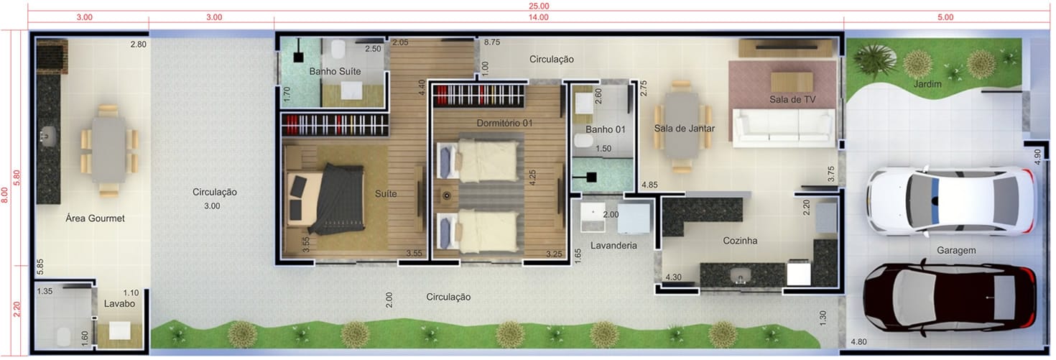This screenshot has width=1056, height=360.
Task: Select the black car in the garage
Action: (x=950, y=297)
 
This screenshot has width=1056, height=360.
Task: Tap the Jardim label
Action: (x=927, y=85)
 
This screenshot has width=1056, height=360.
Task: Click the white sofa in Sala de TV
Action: (x=783, y=126)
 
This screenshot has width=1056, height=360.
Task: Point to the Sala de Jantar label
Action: (x=684, y=129)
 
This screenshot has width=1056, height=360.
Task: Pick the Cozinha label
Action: (x=740, y=241)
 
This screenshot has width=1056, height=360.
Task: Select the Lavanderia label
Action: (x=613, y=245)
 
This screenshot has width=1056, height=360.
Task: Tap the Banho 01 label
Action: (x=606, y=129)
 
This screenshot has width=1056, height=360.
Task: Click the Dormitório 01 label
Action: (x=504, y=123)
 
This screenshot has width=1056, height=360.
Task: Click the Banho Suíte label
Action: (x=335, y=71)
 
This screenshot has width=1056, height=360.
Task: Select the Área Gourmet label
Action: (x=95, y=218)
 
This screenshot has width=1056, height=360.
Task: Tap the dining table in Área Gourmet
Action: (x=108, y=150)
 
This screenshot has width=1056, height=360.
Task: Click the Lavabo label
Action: (x=119, y=304)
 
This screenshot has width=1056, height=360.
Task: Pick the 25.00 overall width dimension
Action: (x=539, y=6)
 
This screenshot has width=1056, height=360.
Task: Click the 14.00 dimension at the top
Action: (x=538, y=17)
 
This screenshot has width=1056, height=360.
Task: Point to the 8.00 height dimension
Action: (x=4, y=195)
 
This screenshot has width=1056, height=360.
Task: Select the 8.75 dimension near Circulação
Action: (x=491, y=42)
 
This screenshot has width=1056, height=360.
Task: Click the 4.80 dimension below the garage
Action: (x=858, y=342)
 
